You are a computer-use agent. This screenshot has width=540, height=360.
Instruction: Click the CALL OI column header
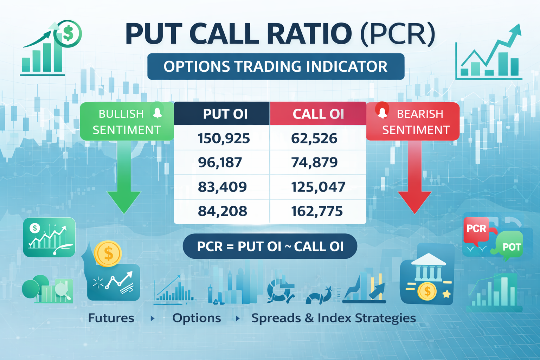[318, 114]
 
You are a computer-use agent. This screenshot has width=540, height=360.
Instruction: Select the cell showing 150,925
[224, 138]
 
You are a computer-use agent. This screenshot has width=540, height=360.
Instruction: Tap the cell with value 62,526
[314, 138]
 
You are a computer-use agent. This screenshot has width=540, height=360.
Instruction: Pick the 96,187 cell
[220, 162]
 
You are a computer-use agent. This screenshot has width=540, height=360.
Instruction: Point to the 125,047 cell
[318, 187]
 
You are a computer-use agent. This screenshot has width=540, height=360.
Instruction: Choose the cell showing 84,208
[222, 211]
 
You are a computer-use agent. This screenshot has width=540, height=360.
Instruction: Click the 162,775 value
[317, 211]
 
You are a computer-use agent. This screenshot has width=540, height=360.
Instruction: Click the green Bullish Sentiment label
[127, 122]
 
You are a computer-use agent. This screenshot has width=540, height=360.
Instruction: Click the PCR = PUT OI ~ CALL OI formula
[270, 246]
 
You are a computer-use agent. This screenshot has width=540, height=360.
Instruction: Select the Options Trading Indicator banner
[276, 66]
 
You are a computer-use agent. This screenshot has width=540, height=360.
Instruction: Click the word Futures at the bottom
[111, 318]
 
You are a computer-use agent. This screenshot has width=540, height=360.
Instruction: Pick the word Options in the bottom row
[197, 318]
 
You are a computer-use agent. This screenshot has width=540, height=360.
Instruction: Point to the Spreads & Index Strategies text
[334, 318]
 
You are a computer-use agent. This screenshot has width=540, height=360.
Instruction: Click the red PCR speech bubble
[476, 229]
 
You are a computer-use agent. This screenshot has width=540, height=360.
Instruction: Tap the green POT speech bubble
[510, 246]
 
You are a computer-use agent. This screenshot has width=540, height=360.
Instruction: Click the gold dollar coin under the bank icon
[427, 291]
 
